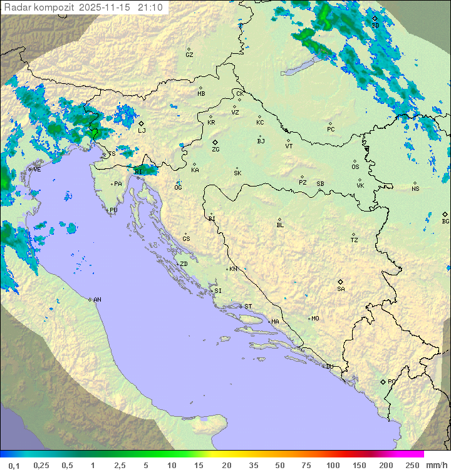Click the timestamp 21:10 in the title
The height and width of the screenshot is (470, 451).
[150, 8]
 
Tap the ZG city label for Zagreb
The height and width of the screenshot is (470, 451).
[215, 150]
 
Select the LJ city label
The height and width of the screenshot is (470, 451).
[142, 130]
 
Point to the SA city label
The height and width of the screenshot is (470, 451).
[341, 289]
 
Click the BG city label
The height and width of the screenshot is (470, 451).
[445, 221]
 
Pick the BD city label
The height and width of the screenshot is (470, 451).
[375, 25]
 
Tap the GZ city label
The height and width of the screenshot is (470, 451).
[189, 54]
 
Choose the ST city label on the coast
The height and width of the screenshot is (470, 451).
[248, 306]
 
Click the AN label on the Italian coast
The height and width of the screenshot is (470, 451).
[97, 300]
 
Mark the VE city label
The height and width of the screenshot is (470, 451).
[37, 169]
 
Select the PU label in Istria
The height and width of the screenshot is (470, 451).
[113, 210]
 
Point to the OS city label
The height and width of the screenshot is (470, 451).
[355, 167]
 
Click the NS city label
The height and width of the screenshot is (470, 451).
[415, 188]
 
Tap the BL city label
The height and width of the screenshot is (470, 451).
[280, 225]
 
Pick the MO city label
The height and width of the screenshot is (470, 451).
[315, 318]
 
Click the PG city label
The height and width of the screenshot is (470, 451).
[391, 381]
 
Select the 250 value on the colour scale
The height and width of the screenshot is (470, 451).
[412, 465]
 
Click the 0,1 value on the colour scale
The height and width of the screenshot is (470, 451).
[14, 465]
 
